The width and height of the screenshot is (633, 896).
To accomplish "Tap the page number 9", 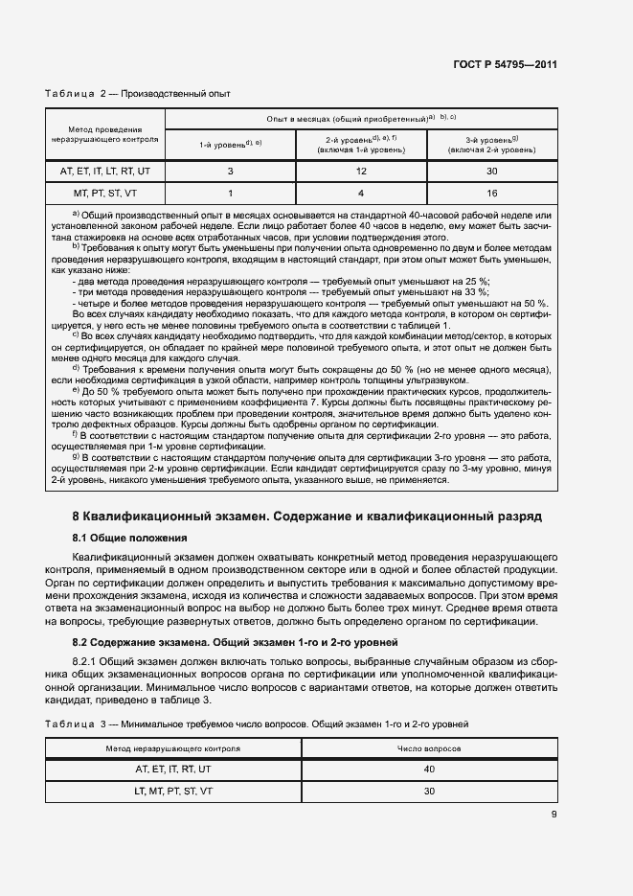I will click(x=554, y=816).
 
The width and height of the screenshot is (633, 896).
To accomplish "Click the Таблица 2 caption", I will click(x=138, y=94).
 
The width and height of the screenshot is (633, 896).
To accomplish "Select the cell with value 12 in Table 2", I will click(x=361, y=171).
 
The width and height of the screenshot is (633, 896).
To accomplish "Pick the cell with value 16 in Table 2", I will click(x=491, y=192).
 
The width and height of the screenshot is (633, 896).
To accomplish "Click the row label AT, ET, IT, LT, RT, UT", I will click(x=105, y=171).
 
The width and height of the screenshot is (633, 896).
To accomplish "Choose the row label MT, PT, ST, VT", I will click(x=105, y=192).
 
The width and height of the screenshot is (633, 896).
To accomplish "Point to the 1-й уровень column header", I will click(x=230, y=144).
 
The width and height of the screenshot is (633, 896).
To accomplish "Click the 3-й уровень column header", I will click(x=491, y=144).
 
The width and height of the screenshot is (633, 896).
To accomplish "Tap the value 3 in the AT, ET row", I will click(x=230, y=171).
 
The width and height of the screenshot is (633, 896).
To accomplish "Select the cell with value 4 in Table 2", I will click(x=361, y=192).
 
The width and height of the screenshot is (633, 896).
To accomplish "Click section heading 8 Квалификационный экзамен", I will click(x=307, y=516).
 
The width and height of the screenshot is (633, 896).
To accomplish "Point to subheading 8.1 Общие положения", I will click(x=129, y=538).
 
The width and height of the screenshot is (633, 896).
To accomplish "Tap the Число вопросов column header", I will click(x=429, y=746).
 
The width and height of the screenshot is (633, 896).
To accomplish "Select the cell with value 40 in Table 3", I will click(x=429, y=770).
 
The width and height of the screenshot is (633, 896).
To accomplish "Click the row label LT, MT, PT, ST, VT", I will click(x=173, y=792).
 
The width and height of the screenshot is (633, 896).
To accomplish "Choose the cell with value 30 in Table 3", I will click(x=429, y=792).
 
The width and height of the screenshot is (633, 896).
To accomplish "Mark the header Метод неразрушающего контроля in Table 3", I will click(x=173, y=746).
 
